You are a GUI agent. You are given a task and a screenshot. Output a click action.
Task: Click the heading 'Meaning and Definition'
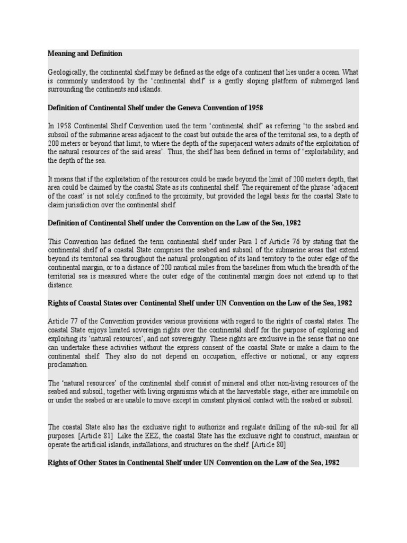pos(85,54)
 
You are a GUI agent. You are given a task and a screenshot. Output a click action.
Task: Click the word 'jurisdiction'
pos(79,205)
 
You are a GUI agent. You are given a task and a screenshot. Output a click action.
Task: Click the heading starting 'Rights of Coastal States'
pos(200,303)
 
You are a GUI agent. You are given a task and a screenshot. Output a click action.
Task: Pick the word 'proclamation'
pos(68,365)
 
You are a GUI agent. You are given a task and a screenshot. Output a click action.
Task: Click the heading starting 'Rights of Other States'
pos(193,463)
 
